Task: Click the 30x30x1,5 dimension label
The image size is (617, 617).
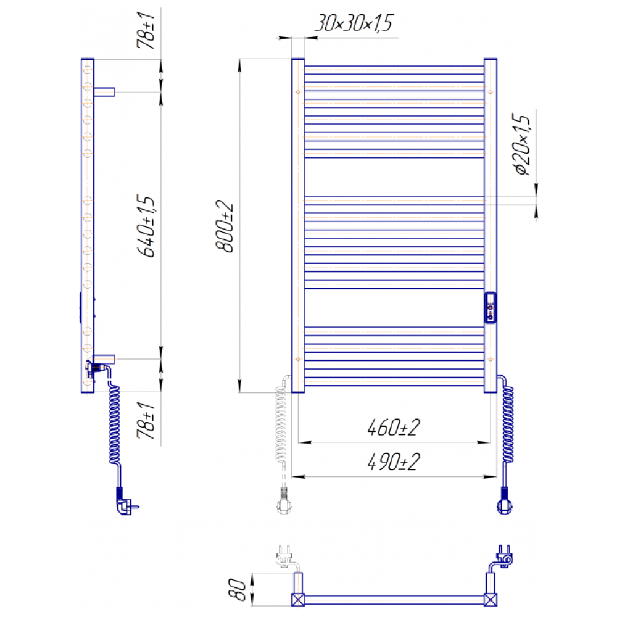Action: (354, 23)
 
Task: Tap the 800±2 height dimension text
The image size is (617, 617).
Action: (225, 226)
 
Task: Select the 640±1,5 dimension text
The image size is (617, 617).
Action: (146, 226)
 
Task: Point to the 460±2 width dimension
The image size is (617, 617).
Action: (394, 428)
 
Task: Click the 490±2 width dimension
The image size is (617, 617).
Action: (394, 462)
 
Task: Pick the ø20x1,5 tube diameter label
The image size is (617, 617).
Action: (521, 144)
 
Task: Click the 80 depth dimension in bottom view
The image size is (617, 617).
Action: (237, 589)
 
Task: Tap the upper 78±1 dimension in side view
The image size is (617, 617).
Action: (146, 30)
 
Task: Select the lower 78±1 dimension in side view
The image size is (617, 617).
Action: (146, 420)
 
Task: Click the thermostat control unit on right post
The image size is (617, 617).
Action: (491, 308)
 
